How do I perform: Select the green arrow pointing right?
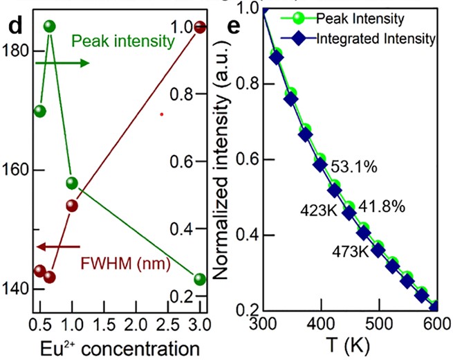click(62, 63)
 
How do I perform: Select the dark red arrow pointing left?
click(58, 246)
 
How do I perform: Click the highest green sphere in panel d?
click(50, 26)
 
